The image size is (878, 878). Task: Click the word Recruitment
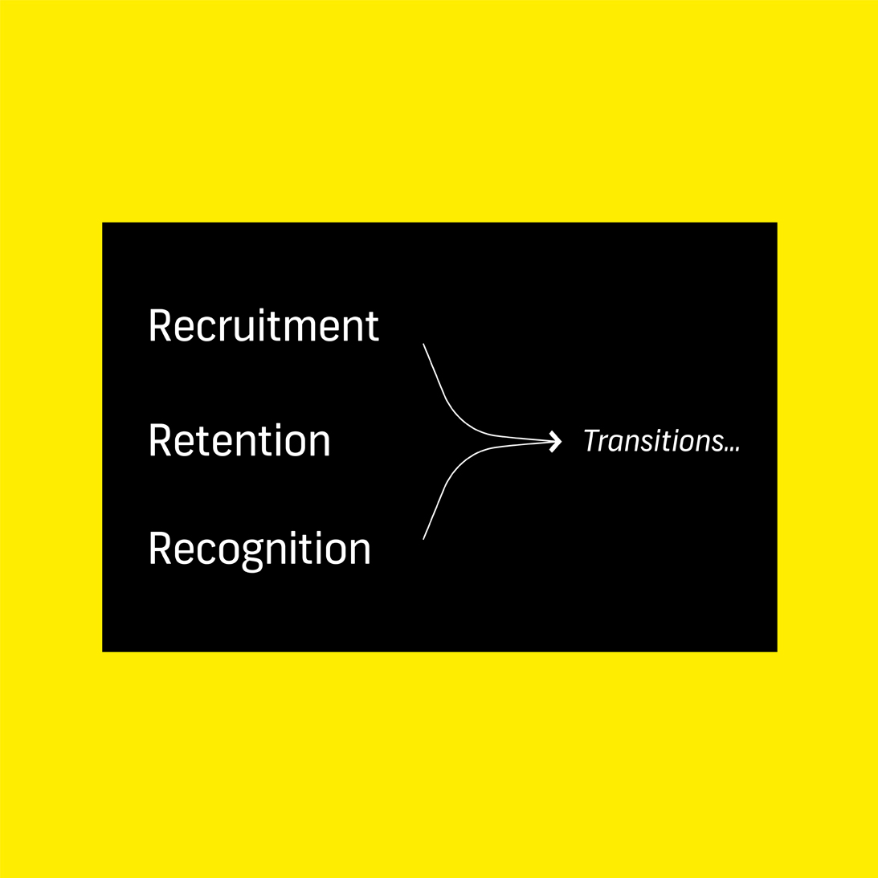click(x=263, y=325)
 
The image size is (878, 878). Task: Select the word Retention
click(x=239, y=441)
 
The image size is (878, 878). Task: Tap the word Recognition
click(x=259, y=549)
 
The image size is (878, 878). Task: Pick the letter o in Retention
click(x=287, y=444)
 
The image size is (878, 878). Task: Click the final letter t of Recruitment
click(x=372, y=327)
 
